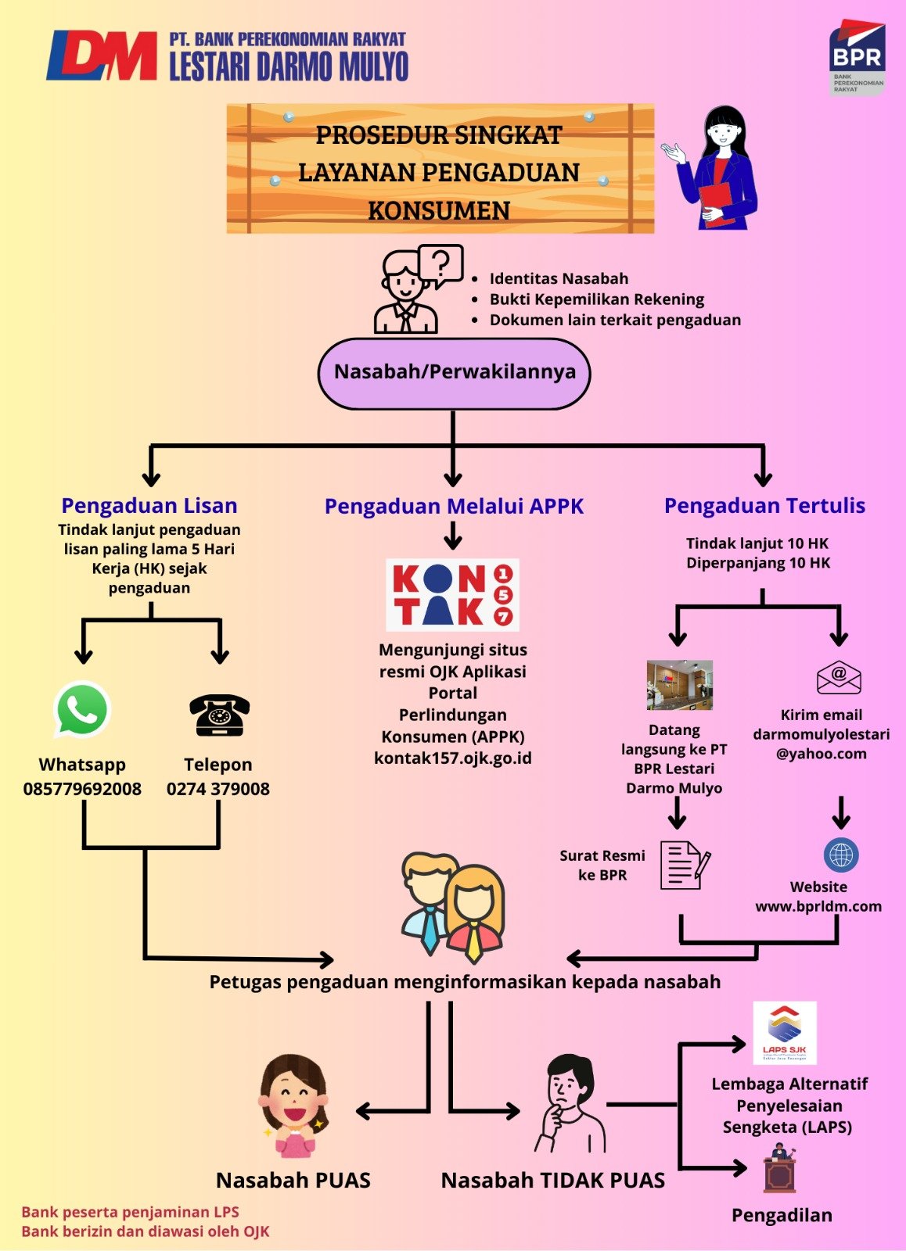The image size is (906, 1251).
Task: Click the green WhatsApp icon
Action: coord(82,709)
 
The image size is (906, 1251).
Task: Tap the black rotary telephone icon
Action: coord(219,715)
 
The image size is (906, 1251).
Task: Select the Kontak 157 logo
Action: coord(453,595)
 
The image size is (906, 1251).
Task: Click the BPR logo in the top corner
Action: coord(857,58)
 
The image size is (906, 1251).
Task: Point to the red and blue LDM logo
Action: coord(102,56)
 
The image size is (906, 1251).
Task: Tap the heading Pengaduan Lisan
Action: coord(149,505)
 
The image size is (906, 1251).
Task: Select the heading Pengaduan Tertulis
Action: coord(764,505)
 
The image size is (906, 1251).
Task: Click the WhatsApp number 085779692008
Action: coord(82,789)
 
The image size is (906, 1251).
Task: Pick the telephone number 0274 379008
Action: coord(218,789)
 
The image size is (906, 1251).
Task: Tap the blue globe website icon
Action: coord(841,855)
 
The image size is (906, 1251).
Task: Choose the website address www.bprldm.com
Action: coord(818,906)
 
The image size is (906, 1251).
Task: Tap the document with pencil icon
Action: coord(685,865)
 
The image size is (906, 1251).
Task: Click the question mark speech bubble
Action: coord(441,263)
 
